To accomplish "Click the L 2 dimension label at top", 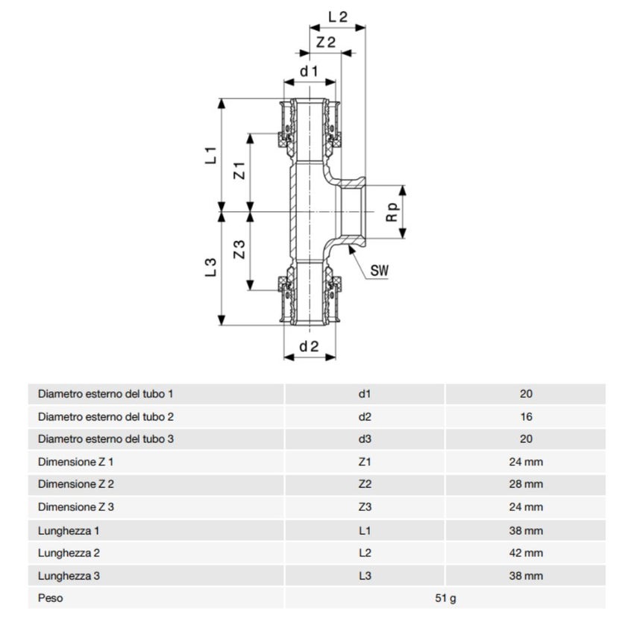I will pyautogui.click(x=338, y=16).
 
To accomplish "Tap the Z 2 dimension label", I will pyautogui.click(x=325, y=43).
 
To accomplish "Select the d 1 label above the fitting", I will pyautogui.click(x=309, y=71).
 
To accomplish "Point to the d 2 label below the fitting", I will pyautogui.click(x=309, y=346).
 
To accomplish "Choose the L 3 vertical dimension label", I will pyautogui.click(x=211, y=268).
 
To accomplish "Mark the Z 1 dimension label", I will pyautogui.click(x=239, y=170).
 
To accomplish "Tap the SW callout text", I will pyautogui.click(x=380, y=271).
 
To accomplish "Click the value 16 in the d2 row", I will pyautogui.click(x=526, y=416).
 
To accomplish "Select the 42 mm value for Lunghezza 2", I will pyautogui.click(x=526, y=553).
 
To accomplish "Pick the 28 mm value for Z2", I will pyautogui.click(x=526, y=484).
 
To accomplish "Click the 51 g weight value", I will pyautogui.click(x=445, y=598).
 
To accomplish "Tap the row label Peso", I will pyautogui.click(x=51, y=598).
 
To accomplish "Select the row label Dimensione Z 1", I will pyautogui.click(x=76, y=462).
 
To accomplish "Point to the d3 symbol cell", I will pyautogui.click(x=365, y=439).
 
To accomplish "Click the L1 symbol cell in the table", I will pyautogui.click(x=365, y=530).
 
